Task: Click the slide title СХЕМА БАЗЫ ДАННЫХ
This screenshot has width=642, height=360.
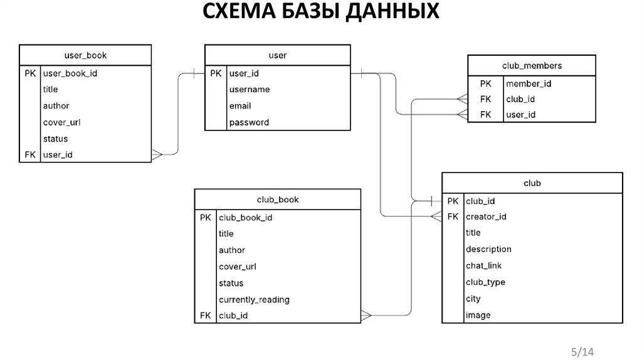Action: pos(320,12)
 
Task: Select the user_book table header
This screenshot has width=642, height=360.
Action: pos(85,55)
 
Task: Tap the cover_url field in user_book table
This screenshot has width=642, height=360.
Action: pos(61,122)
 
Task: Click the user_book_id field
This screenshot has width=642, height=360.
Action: pos(70,73)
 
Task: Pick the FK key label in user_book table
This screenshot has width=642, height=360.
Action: pos(31,154)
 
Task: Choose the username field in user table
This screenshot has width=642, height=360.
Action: pos(250,89)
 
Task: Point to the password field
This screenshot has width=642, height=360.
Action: pos(249,122)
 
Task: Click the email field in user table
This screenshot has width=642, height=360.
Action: pos(240,106)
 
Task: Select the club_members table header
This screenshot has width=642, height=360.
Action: pos(532,65)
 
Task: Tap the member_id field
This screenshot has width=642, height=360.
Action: pos(529,83)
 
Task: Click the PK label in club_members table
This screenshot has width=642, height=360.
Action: pos(486,83)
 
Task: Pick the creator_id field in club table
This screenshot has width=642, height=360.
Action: pos(486,217)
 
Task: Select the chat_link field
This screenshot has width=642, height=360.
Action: pos(483,265)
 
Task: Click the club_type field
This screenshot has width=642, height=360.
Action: pos(485,282)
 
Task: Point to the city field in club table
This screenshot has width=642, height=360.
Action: pos(473,299)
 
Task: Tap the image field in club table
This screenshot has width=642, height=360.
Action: pos(478,315)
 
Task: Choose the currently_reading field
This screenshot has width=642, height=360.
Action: pos(254,300)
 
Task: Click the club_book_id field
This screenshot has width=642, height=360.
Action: pos(246,218)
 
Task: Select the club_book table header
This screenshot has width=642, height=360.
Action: pos(278,199)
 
